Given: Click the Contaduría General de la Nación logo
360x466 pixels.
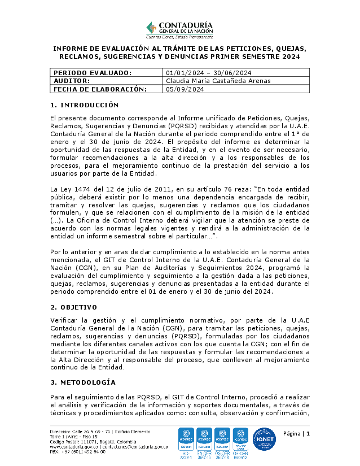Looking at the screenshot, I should [179, 29].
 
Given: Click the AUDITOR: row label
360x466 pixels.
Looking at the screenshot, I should [71, 81].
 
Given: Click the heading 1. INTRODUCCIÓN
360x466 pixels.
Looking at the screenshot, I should [85, 105].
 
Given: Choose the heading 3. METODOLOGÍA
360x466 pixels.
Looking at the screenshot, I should [83, 382].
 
